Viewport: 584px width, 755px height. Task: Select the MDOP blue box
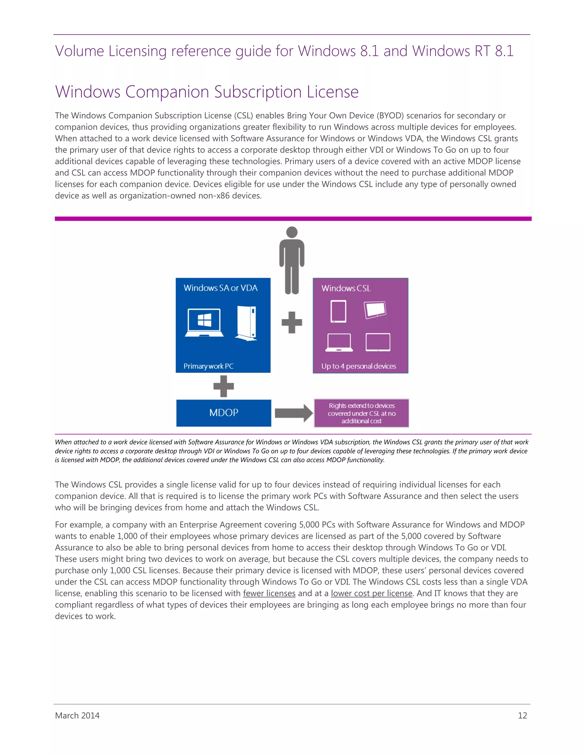click(x=224, y=413)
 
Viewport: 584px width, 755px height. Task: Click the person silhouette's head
click(x=292, y=232)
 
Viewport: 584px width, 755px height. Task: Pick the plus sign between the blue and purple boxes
click(x=292, y=323)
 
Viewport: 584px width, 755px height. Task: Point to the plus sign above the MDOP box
click(x=224, y=386)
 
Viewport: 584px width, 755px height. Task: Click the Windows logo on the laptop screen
click(x=204, y=320)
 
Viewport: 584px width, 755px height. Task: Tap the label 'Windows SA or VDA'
click(x=220, y=288)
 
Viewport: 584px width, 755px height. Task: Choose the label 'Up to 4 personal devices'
click(x=358, y=366)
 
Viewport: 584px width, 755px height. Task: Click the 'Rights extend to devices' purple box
click(x=362, y=413)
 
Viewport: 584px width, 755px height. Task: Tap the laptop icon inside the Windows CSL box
click(x=339, y=342)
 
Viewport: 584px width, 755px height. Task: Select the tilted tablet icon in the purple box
click(x=375, y=310)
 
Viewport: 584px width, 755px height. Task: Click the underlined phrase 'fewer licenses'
click(x=269, y=593)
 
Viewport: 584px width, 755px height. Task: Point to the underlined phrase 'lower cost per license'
click(x=372, y=593)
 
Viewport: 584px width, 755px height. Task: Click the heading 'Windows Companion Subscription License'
click(x=207, y=92)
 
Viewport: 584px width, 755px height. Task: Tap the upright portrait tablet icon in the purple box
click(x=338, y=311)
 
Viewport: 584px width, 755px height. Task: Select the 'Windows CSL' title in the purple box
click(x=346, y=288)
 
